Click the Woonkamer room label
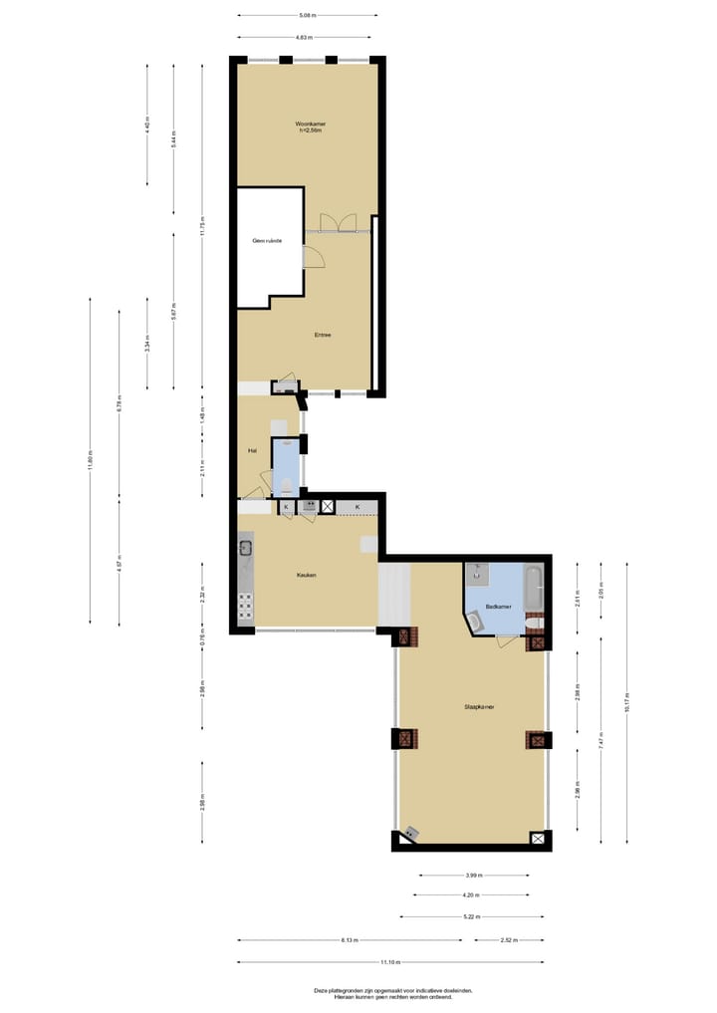pos(311,126)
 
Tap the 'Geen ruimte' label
pos(266,242)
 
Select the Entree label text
pos(322,335)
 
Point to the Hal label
pos(253,451)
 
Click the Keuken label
pos(306,576)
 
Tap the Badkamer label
pos(498,606)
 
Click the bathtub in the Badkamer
pos(534,590)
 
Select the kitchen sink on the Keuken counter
pos(245,547)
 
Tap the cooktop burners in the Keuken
pos(245,603)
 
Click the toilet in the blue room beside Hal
pos(286,485)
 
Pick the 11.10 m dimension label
pos(389,962)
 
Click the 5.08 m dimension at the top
pos(308,15)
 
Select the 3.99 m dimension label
pos(473,876)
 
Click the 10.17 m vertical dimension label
pos(627,702)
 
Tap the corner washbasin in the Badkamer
pos(475,623)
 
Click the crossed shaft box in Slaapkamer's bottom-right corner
pos(539,839)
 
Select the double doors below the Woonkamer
pos(337,222)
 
